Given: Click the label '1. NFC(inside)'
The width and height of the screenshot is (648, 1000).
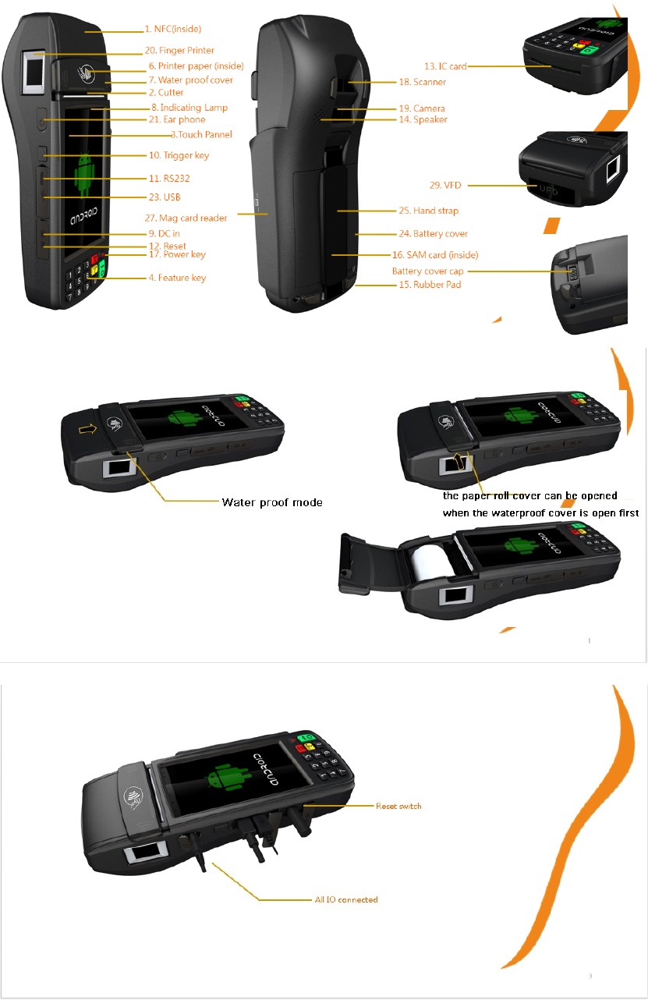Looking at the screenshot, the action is coord(172,29).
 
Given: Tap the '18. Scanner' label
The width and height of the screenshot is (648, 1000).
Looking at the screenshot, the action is coord(422,81).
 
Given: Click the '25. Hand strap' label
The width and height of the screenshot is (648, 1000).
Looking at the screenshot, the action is coord(428,211).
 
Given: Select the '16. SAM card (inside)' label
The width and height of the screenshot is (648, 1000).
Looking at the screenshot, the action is coord(434,255).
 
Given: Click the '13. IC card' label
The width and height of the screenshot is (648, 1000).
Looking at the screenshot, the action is coord(445,66).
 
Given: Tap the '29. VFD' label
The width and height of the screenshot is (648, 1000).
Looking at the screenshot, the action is coord(445,186).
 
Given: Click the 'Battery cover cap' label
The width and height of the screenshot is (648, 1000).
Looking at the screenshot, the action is coord(428,271).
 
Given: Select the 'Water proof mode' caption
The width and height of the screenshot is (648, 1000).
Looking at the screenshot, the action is coord(272,502).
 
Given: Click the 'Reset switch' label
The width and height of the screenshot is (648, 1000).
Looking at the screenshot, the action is coord(398,806).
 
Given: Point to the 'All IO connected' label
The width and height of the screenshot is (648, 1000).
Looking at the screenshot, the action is coord(346,899).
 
